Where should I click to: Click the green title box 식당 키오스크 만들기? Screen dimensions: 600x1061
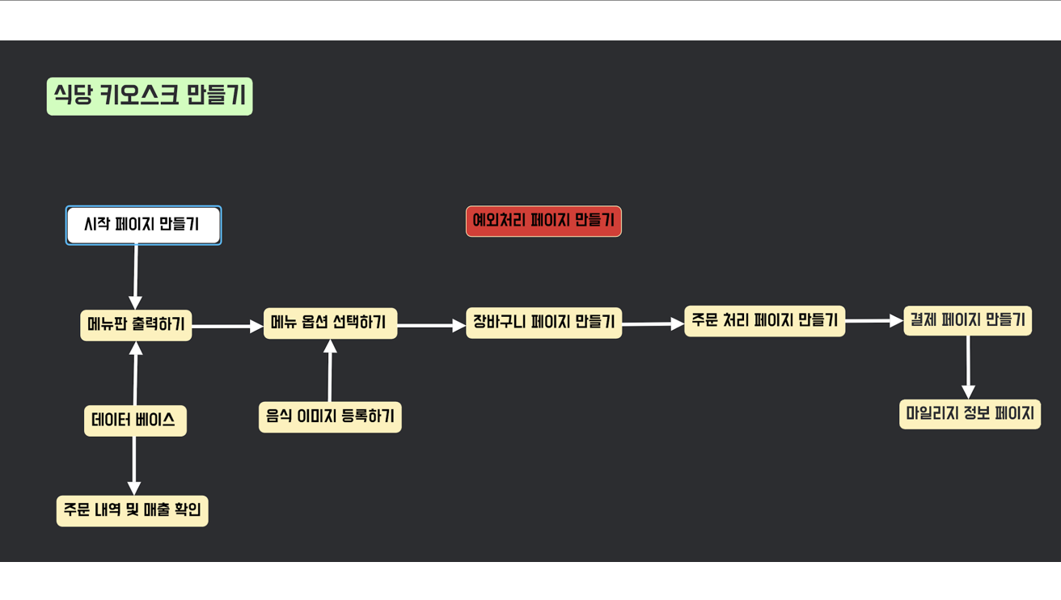(150, 96)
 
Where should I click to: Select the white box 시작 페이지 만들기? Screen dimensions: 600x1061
(143, 225)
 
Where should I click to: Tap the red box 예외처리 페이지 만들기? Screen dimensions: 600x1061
(543, 221)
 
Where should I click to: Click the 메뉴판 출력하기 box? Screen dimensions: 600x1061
(136, 325)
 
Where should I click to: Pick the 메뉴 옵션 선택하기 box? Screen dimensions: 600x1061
(330, 323)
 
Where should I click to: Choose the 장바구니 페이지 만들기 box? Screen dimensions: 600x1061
(543, 323)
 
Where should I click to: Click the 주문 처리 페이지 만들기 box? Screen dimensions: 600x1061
(764, 320)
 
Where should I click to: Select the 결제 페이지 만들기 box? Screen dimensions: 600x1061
(967, 319)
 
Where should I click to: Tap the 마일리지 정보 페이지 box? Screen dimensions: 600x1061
(970, 414)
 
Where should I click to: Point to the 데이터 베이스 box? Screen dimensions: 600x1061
(135, 420)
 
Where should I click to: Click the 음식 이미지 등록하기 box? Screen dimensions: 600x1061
(330, 417)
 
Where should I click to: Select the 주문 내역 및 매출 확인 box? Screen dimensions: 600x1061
(133, 511)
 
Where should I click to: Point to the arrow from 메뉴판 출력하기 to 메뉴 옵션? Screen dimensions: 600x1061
(227, 327)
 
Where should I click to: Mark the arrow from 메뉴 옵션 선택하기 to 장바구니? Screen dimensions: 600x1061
(431, 326)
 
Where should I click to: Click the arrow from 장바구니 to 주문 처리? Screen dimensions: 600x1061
(653, 324)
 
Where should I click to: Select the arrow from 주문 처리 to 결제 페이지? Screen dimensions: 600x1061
(873, 321)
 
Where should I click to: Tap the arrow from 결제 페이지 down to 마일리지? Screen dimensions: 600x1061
(968, 366)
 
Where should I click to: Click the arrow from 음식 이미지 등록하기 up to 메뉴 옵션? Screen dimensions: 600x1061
(330, 371)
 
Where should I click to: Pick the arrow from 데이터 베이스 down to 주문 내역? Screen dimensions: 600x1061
(134, 465)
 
